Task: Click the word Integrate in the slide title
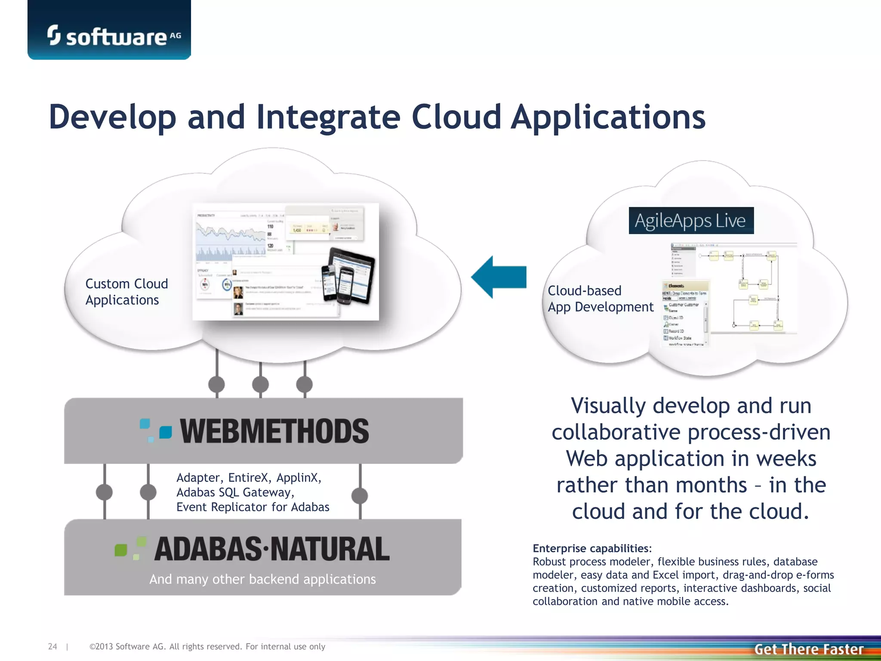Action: [x=328, y=117]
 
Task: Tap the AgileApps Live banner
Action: [x=691, y=220]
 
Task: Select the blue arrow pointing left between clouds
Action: [x=499, y=277]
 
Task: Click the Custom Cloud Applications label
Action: [x=126, y=292]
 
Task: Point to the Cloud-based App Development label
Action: [x=600, y=299]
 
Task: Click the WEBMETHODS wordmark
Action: [x=274, y=431]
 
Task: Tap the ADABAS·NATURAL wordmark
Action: [x=271, y=549]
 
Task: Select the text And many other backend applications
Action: [x=262, y=579]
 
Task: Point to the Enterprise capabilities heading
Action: [x=592, y=548]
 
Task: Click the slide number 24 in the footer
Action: [x=52, y=646]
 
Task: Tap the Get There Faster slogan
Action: [x=809, y=649]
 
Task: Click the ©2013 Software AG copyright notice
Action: [x=207, y=646]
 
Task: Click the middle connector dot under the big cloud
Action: [x=260, y=384]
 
